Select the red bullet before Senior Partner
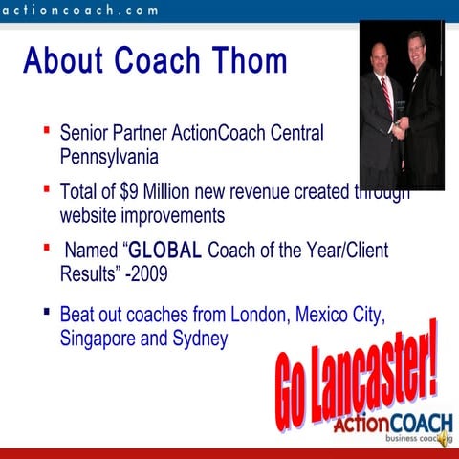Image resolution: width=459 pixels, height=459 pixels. (x=48, y=127)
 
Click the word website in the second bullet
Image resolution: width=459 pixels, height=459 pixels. (x=91, y=214)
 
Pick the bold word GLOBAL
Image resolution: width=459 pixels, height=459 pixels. (x=165, y=251)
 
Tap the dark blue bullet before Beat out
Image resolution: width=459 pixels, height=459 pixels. (x=48, y=312)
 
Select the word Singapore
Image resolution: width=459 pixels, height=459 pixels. (x=98, y=339)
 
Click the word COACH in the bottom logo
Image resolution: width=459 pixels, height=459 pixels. (x=419, y=422)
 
